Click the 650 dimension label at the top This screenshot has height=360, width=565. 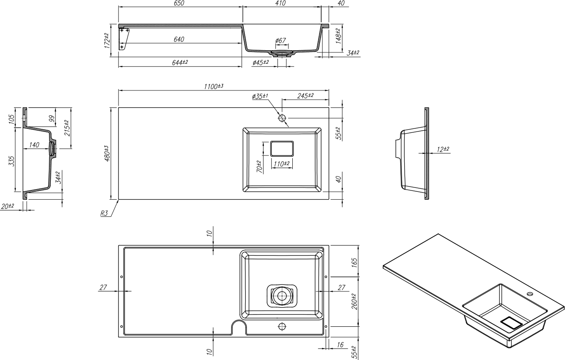coord(179,3)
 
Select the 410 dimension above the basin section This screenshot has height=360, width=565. coord(280,3)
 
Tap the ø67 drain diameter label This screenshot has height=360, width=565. coord(281,40)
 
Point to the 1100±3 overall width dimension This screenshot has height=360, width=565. coord(213,87)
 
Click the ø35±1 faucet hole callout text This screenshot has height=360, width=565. coord(260,96)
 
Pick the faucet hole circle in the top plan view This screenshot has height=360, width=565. coord(282,118)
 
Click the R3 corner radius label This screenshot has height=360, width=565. coord(104,214)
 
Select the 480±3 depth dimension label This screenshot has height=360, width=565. coord(107,153)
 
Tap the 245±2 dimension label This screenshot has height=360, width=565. coord(305,96)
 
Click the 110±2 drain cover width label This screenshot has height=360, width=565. coord(281,164)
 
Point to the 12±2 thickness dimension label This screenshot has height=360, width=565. coord(443,149)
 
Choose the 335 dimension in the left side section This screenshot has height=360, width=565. coord(12,161)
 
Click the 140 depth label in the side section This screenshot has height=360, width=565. coord(35,145)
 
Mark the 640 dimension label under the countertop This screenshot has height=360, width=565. coord(179,39)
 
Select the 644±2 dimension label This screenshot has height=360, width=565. coord(180,62)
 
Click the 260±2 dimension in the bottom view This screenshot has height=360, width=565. coord(354,301)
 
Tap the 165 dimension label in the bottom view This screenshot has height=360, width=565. coord(354,263)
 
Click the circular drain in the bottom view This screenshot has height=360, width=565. coord(282,296)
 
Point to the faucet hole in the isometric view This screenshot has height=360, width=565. coord(530,294)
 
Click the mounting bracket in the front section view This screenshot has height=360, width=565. coord(124,38)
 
